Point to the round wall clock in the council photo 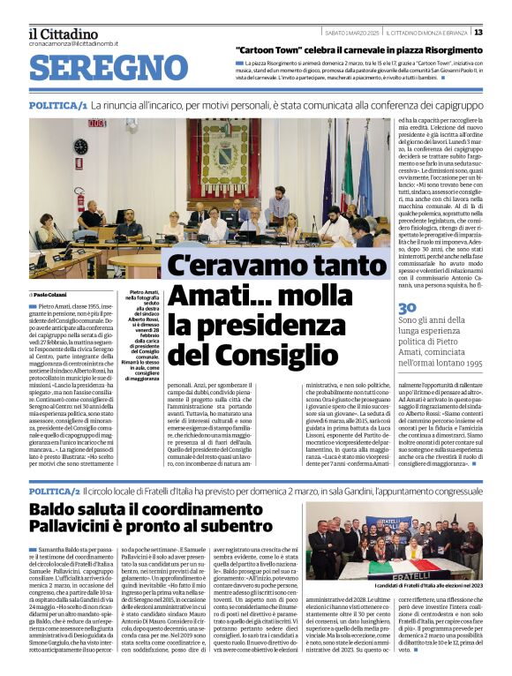click(80, 146)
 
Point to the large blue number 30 click(409, 307)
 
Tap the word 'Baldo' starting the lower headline click(52, 509)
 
